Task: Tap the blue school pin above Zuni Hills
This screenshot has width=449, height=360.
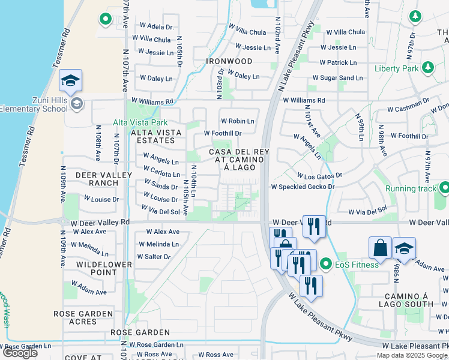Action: click(x=70, y=82)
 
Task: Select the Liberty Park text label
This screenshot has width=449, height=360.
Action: click(x=396, y=69)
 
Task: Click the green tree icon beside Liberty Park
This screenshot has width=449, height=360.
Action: click(x=428, y=67)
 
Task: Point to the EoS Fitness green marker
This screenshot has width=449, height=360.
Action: click(x=326, y=263)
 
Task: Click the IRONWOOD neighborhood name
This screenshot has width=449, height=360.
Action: click(x=229, y=61)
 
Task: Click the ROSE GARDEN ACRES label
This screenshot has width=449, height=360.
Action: click(x=83, y=317)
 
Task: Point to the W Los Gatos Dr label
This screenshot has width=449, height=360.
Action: click(x=319, y=176)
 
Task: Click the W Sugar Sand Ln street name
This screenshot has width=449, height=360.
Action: click(x=337, y=78)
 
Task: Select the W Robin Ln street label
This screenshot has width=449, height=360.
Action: click(x=237, y=121)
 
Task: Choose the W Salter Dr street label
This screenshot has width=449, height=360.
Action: click(x=154, y=257)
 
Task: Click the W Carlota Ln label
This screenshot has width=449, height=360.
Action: click(x=161, y=175)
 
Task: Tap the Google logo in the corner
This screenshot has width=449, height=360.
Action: click(x=20, y=353)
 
